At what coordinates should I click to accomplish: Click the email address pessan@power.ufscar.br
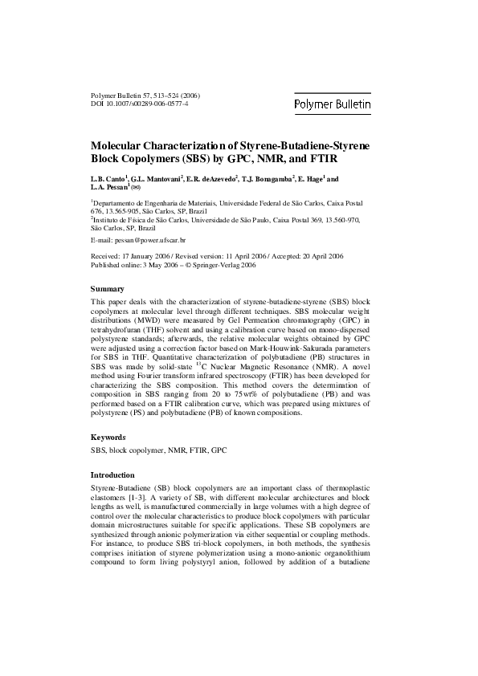coord(150,240)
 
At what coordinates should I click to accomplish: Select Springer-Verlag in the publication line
coord(231,264)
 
